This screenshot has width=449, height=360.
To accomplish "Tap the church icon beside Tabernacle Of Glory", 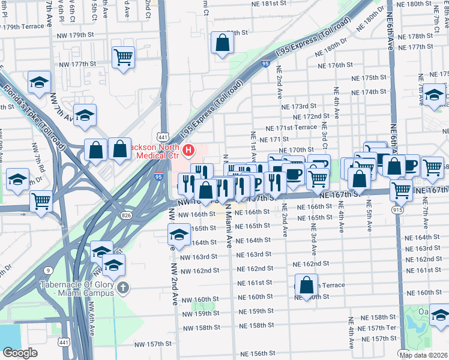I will [x=124, y=288].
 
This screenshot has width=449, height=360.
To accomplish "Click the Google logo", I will [x=20, y=353].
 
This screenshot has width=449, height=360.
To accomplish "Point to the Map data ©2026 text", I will [x=423, y=355].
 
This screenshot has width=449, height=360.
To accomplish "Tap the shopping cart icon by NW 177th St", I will [x=123, y=58].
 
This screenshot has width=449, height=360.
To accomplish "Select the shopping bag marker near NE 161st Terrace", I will [x=306, y=285].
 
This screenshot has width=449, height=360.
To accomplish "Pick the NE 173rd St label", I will [x=299, y=106].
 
